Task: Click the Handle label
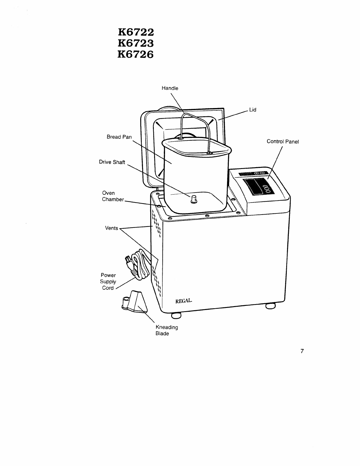point(170,88)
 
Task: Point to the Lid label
point(253,110)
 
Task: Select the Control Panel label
point(283,142)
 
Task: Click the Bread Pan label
point(119,137)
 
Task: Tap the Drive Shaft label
point(112,162)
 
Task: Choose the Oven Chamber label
point(112,196)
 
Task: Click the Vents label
point(111,228)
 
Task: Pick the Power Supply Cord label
point(108,281)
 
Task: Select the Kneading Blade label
point(166,330)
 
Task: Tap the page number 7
point(302,351)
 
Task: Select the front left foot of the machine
point(176,315)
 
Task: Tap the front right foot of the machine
point(271,306)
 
